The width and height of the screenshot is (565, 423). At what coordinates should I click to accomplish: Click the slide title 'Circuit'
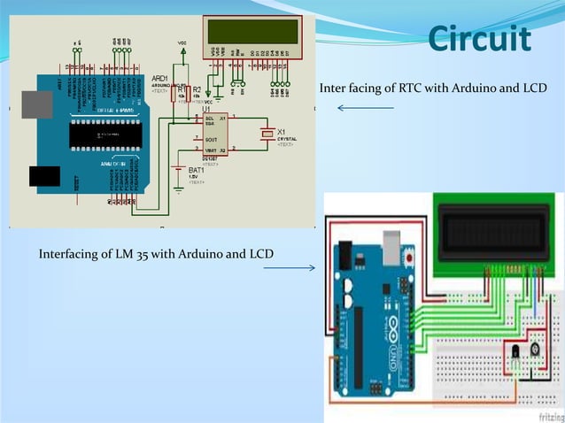[479, 40]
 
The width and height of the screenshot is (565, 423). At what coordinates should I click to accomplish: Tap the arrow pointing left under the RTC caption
[365, 108]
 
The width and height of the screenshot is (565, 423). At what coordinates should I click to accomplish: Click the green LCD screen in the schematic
[252, 33]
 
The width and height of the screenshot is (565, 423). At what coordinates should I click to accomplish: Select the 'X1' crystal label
[282, 131]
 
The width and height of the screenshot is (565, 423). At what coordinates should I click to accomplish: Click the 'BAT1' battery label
[197, 169]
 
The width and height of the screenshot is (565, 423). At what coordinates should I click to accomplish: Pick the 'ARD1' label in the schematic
[159, 78]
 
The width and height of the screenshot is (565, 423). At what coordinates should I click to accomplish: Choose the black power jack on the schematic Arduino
[44, 176]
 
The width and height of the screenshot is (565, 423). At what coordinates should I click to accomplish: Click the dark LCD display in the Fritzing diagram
[494, 232]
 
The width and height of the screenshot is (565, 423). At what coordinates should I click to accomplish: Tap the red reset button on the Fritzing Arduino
[408, 257]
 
